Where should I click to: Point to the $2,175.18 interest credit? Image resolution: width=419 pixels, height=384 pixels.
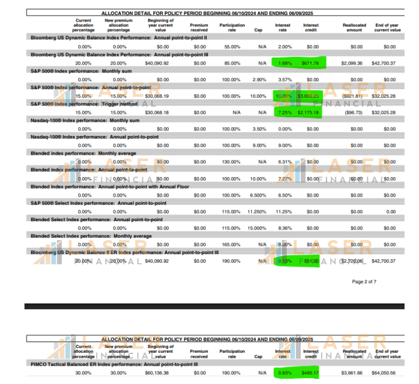308,113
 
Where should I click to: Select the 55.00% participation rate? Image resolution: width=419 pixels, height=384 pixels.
232,47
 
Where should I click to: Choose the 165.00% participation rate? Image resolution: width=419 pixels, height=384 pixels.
232,244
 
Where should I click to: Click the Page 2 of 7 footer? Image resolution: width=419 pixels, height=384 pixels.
364,281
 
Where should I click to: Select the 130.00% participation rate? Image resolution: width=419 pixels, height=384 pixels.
232,162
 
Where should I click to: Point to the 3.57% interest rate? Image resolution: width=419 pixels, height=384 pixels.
284,79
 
